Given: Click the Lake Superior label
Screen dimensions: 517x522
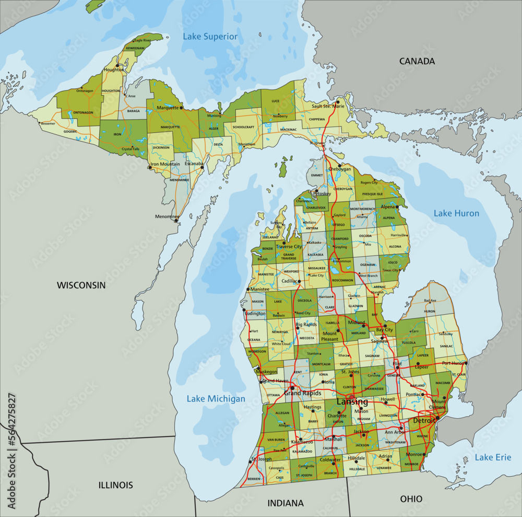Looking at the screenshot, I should [x=210, y=37].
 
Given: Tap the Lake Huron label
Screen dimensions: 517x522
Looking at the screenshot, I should [x=456, y=213].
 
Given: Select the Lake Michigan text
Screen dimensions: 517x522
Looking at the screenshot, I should [x=216, y=399].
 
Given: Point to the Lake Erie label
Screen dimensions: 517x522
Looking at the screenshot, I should [x=493, y=457].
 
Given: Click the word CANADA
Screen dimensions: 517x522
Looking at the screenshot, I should [x=417, y=61].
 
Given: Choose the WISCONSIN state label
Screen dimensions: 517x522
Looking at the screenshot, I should [x=81, y=285].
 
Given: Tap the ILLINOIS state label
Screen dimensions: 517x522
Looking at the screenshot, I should [x=115, y=485].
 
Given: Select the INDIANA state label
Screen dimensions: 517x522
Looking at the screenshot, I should [x=285, y=503].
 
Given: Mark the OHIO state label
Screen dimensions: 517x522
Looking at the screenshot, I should [x=411, y=499].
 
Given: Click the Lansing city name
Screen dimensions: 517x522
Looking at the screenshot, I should [x=352, y=402].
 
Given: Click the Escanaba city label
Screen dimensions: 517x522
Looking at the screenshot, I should [x=194, y=163].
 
